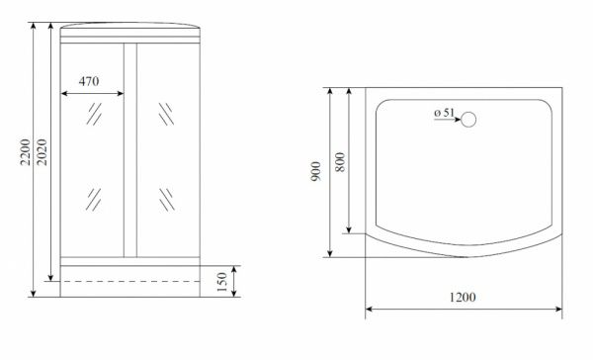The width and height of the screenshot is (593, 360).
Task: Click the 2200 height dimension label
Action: (26, 152)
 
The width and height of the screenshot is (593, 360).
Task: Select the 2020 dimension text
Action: (42, 152)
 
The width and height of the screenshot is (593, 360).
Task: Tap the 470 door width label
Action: (89, 81)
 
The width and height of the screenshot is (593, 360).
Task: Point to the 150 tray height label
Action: (222, 282)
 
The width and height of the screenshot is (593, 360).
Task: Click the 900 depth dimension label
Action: (316, 171)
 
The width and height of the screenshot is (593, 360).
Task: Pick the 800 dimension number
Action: (340, 162)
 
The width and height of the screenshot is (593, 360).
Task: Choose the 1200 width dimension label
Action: (463, 297)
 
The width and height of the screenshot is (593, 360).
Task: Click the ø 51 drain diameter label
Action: (444, 113)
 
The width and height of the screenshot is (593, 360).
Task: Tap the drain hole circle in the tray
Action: (468, 120)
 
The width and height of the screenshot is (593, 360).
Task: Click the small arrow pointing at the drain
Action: (448, 120)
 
